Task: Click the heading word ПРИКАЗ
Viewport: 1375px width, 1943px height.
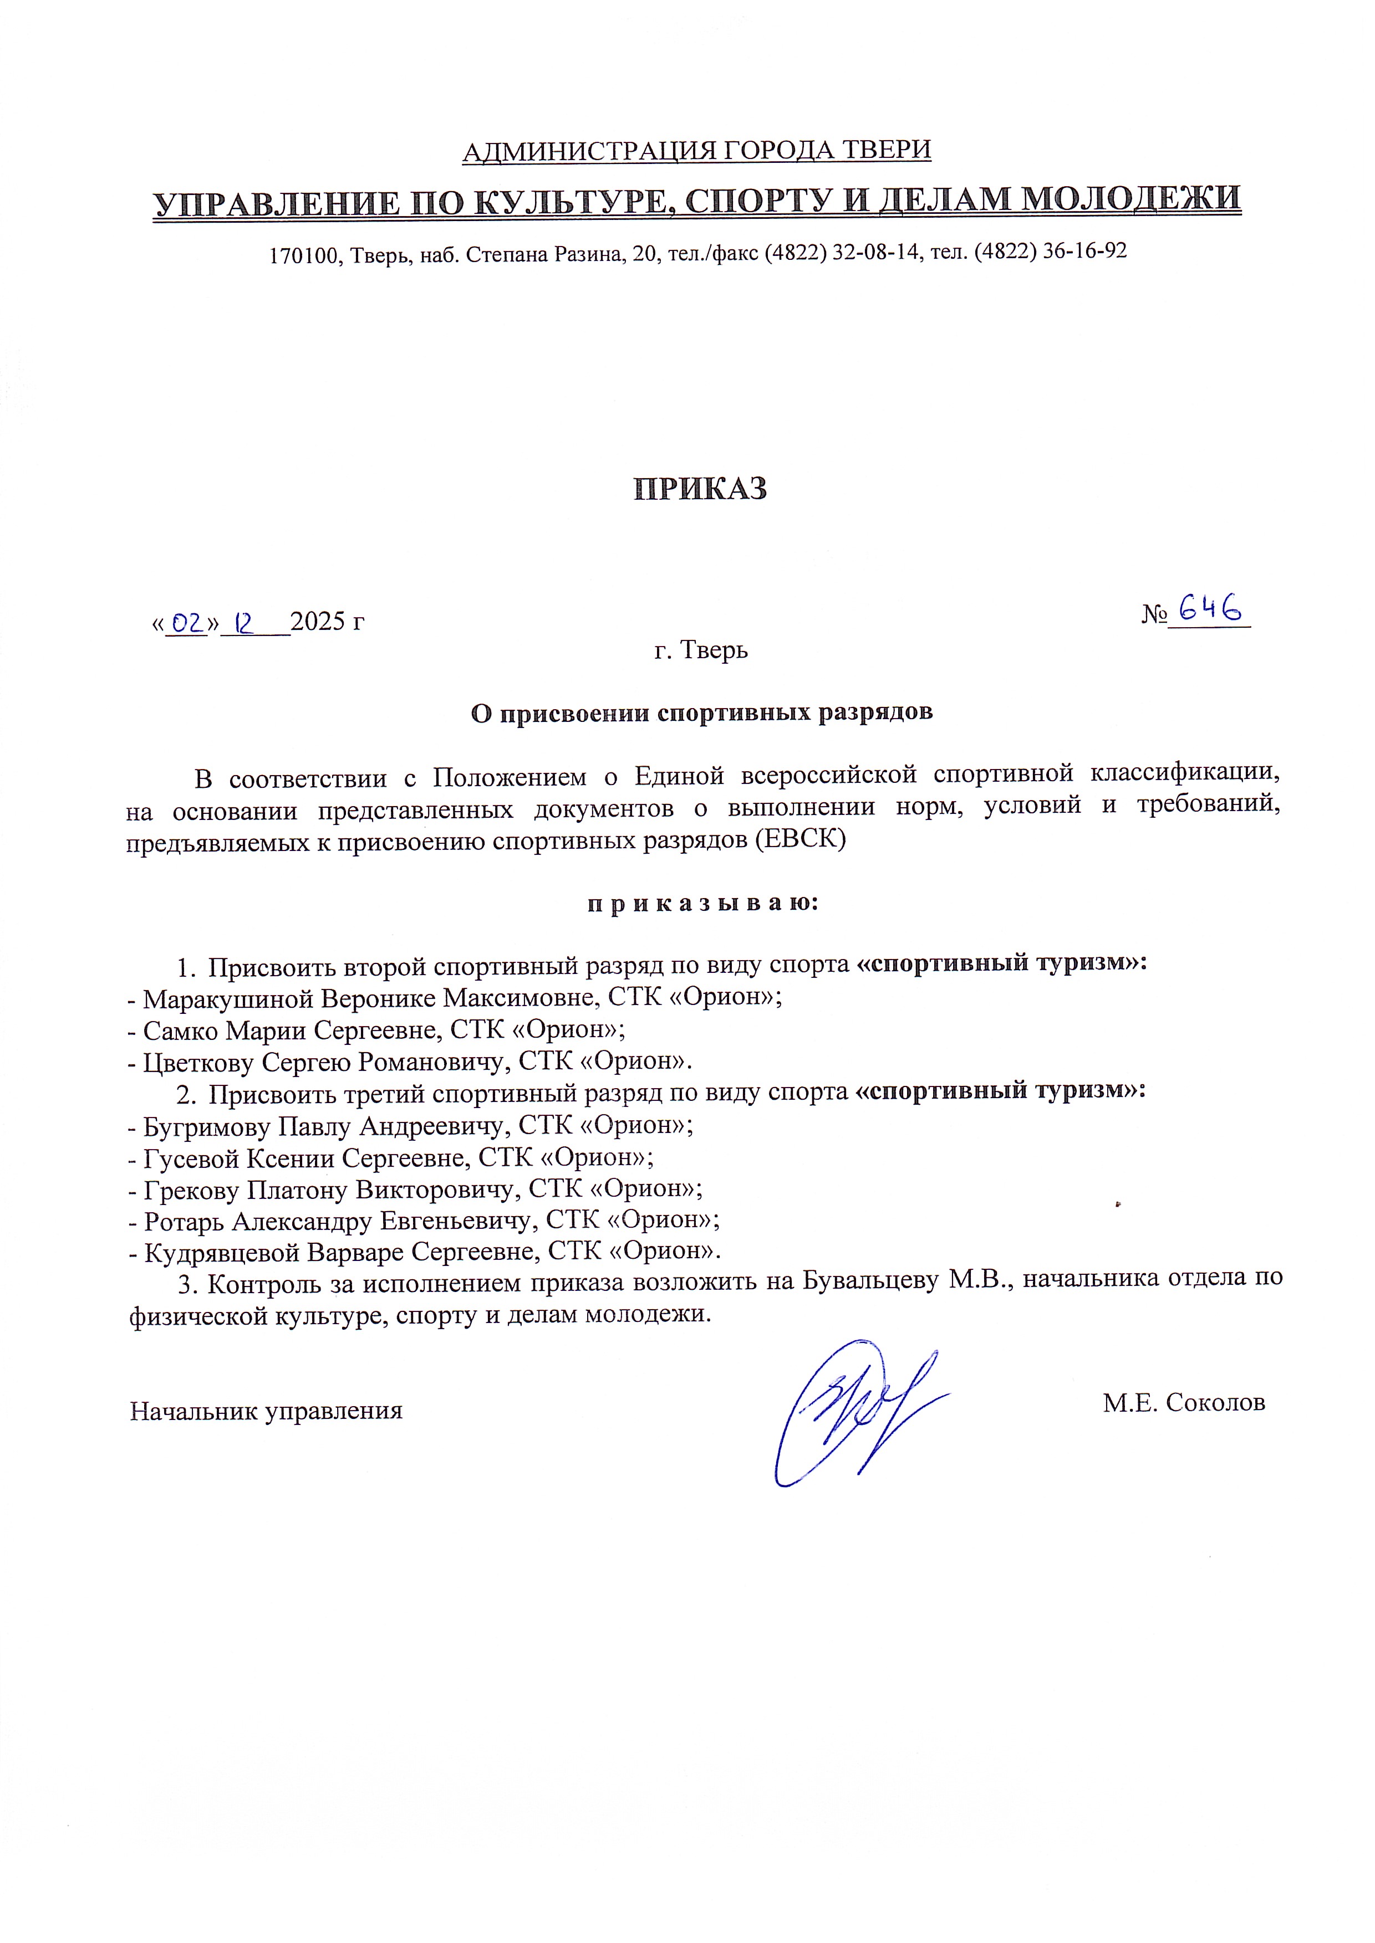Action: [x=700, y=490]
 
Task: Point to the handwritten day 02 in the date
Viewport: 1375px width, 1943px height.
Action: [x=186, y=624]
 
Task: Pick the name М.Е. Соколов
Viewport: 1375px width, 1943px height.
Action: [x=1184, y=1403]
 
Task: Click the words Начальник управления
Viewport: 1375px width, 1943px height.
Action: [x=266, y=1412]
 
